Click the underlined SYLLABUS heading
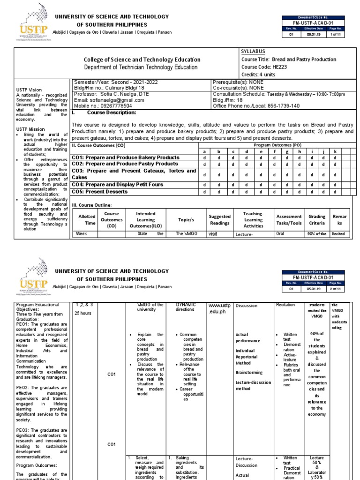coord(253,51)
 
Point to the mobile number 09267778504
coord(114,106)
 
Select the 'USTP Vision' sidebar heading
coord(29,90)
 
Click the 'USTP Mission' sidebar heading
coord(30,129)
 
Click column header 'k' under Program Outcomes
coord(335,151)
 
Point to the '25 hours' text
coord(83,314)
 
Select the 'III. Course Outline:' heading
coord(92,205)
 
